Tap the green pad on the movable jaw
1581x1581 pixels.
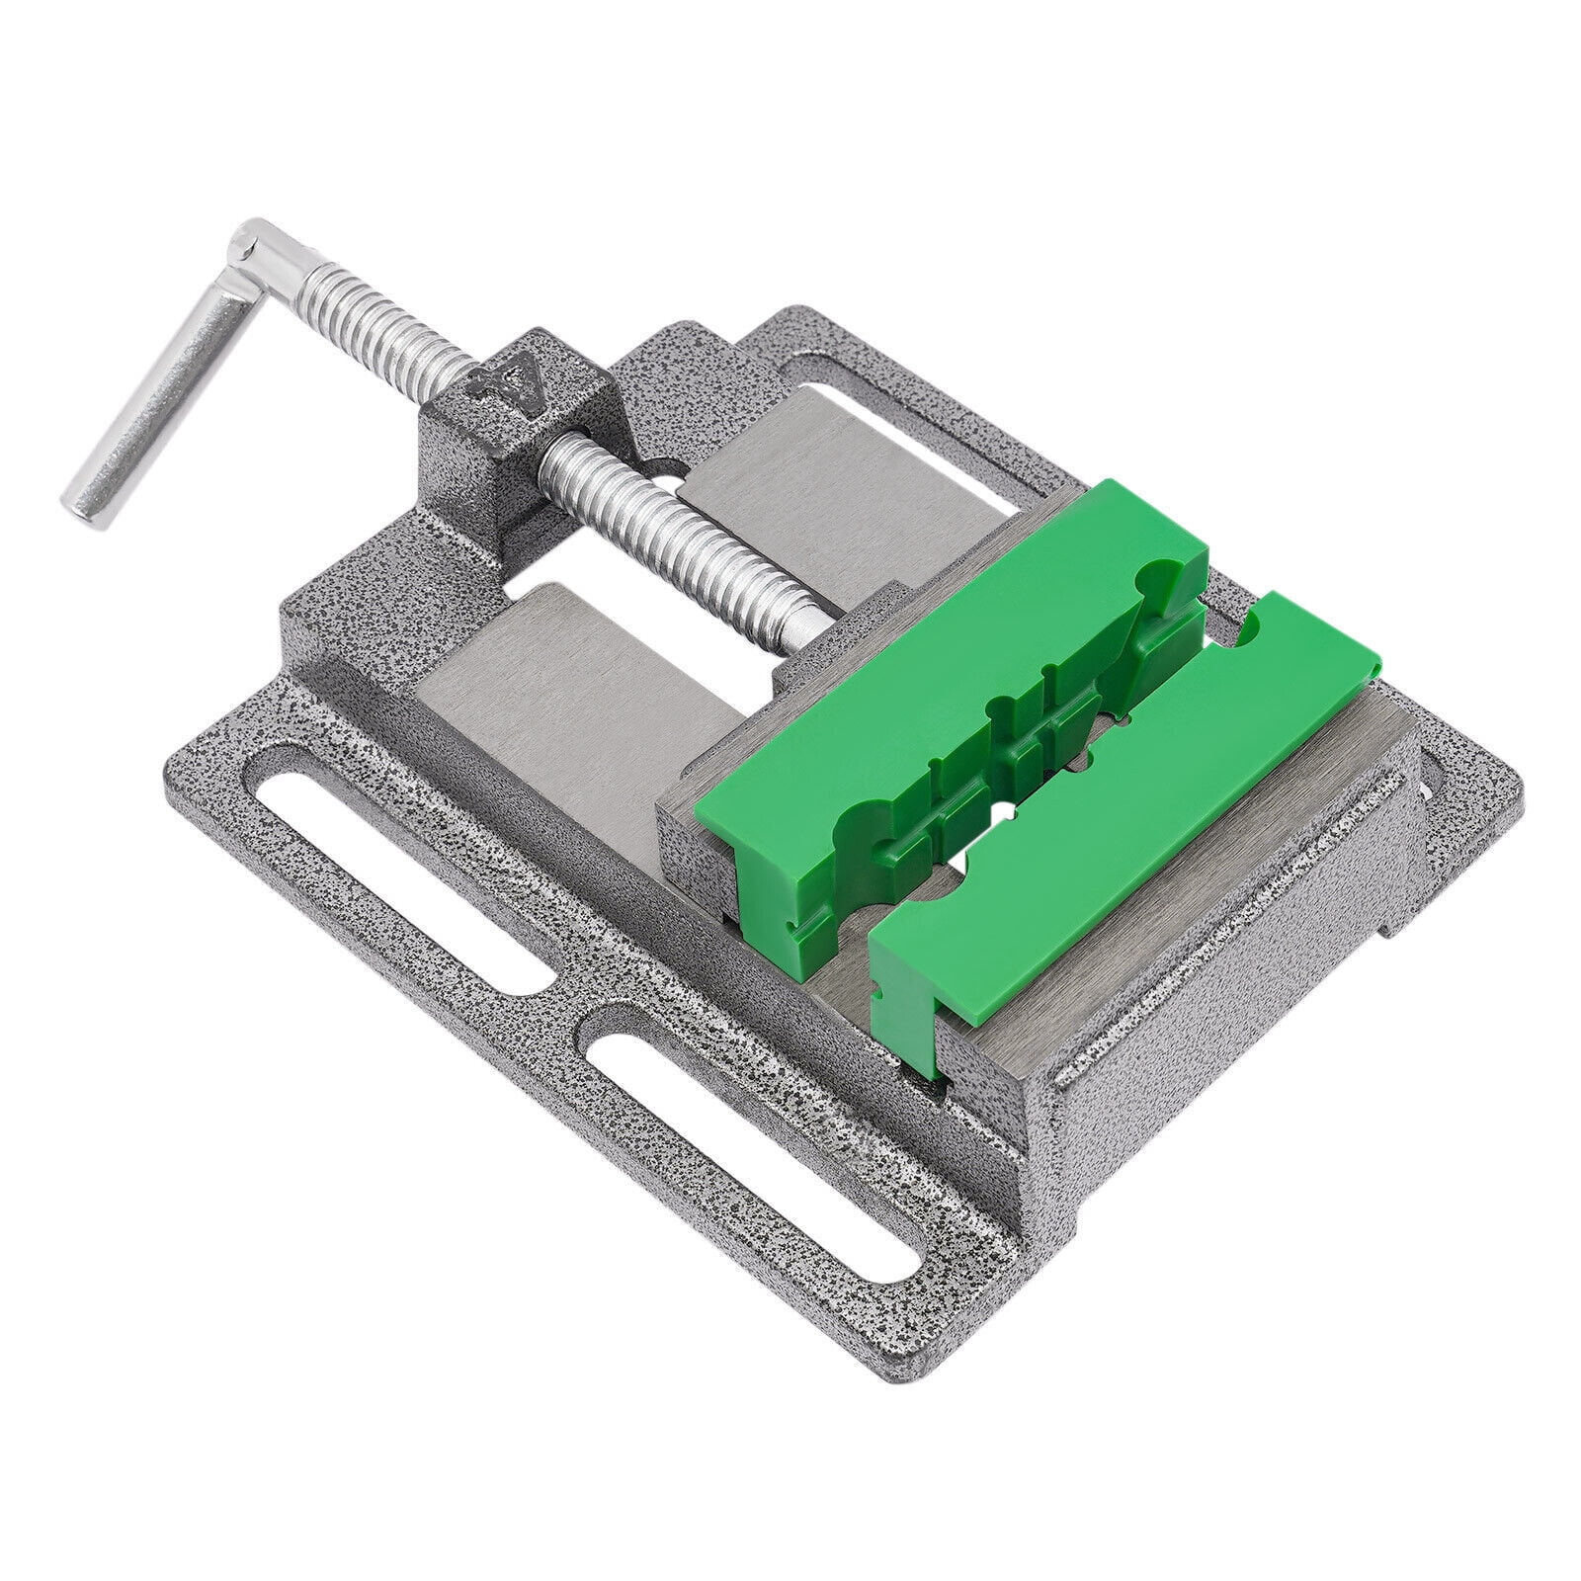coord(939,652)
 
